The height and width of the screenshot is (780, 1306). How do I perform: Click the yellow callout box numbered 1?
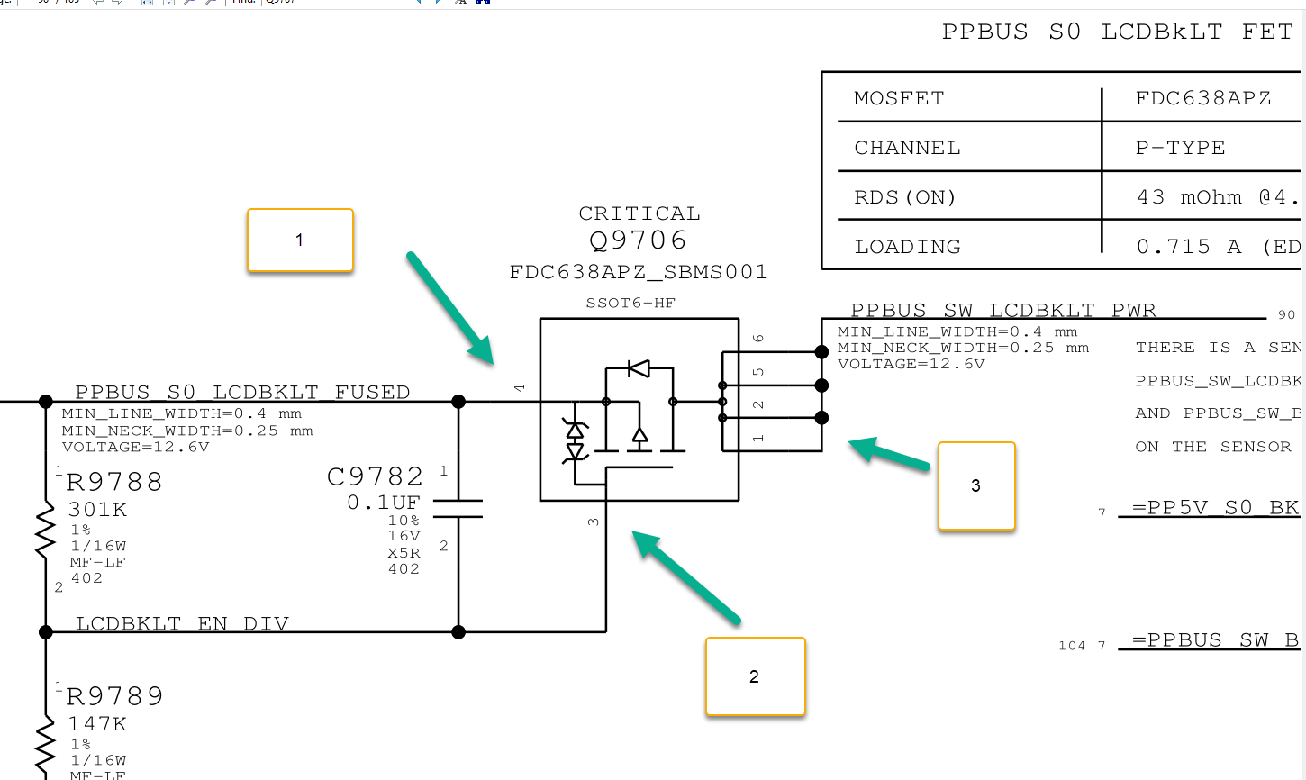click(x=300, y=240)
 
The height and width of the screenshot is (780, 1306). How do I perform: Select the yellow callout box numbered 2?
click(x=755, y=676)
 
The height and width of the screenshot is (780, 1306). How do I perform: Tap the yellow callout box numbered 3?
click(x=976, y=485)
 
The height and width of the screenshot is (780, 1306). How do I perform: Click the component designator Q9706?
click(x=638, y=240)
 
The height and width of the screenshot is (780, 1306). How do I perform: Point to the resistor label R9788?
click(x=114, y=482)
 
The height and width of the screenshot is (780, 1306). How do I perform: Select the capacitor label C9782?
click(x=375, y=476)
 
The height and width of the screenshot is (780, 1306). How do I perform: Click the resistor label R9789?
click(x=114, y=696)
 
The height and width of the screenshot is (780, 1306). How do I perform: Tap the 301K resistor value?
click(x=97, y=510)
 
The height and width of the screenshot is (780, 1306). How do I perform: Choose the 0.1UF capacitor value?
click(x=384, y=503)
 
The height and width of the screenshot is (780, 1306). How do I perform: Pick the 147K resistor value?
click(x=97, y=724)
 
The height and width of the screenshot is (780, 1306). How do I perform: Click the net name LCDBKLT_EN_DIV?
click(x=182, y=624)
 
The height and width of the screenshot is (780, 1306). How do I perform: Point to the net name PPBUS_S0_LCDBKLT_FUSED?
click(x=242, y=393)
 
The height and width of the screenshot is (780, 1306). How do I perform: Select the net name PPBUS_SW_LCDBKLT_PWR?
click(x=1002, y=311)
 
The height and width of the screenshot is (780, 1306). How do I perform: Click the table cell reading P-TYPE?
click(x=1180, y=148)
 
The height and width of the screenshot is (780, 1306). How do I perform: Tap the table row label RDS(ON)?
click(x=904, y=197)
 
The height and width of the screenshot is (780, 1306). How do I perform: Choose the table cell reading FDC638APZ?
click(x=1202, y=98)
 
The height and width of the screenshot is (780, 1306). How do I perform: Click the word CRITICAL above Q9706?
click(x=639, y=213)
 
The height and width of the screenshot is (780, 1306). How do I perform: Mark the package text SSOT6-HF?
click(x=630, y=303)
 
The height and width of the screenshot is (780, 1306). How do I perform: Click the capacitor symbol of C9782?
click(x=458, y=509)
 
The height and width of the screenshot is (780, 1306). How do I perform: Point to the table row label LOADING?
click(x=907, y=247)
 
